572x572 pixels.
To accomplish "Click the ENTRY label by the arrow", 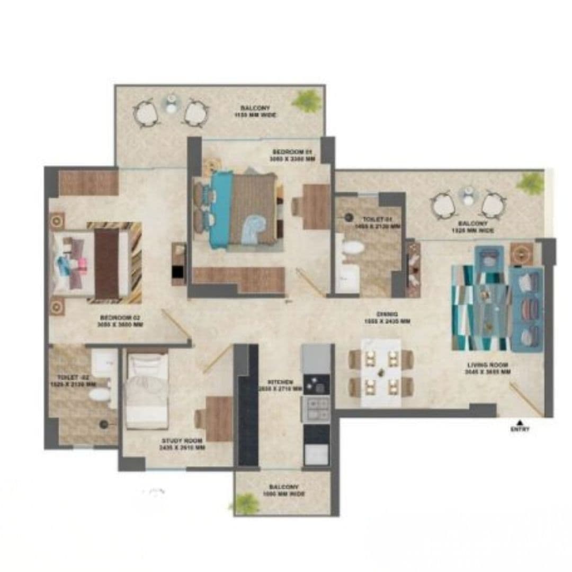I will point(520,430).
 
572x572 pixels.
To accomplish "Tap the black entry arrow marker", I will point(520,422).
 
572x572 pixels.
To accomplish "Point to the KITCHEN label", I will point(281,385).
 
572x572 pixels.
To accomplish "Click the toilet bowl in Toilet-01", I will point(353,248).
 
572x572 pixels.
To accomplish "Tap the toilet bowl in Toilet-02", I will point(99,395).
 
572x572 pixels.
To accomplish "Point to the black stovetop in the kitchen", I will point(316,385).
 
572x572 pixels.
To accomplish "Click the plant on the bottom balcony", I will point(246,503).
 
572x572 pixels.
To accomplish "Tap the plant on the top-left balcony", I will point(307,101).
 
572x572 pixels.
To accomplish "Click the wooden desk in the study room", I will point(219,418).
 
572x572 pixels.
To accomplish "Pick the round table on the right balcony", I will point(468,195).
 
